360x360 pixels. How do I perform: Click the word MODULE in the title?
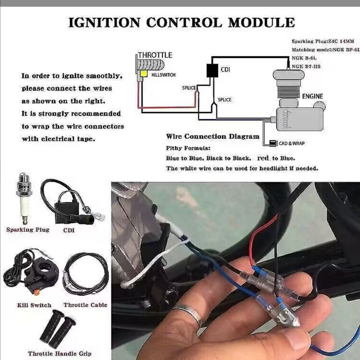point(262,22)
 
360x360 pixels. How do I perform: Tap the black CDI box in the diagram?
point(212,70)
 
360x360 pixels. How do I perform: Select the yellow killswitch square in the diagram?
point(144,74)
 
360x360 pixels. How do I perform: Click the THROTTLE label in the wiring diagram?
point(155,55)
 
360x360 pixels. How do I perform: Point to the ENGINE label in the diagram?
point(313,96)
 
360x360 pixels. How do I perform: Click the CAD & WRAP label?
point(292,143)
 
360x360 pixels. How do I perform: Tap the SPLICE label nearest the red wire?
point(189,88)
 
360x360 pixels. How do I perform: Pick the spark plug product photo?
point(24,198)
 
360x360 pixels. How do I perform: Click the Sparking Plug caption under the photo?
point(28,230)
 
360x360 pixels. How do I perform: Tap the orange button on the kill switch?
point(36,292)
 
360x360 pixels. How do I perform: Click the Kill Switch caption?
point(34,305)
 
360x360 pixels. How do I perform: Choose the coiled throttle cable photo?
point(86,274)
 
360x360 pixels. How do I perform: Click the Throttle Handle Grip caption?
point(60,353)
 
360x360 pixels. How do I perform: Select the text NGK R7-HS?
point(306,67)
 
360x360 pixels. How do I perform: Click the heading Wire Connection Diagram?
point(213,136)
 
